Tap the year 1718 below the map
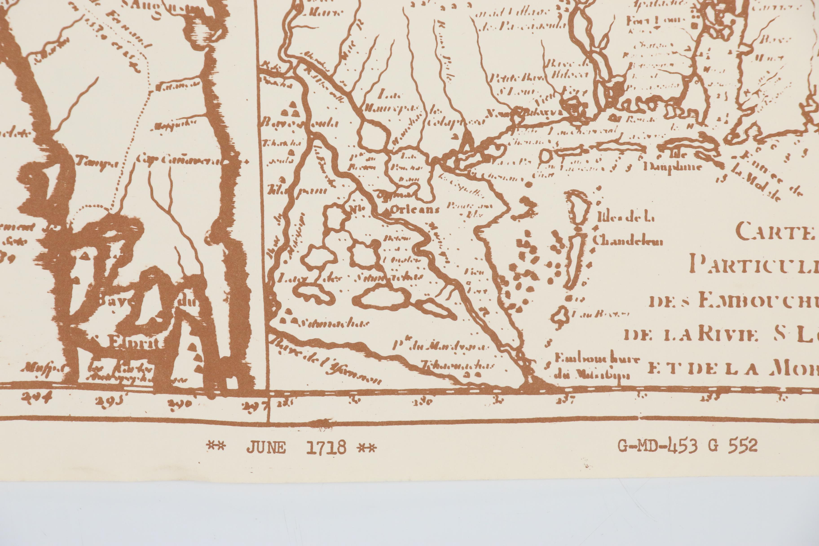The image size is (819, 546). point(326,447)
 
